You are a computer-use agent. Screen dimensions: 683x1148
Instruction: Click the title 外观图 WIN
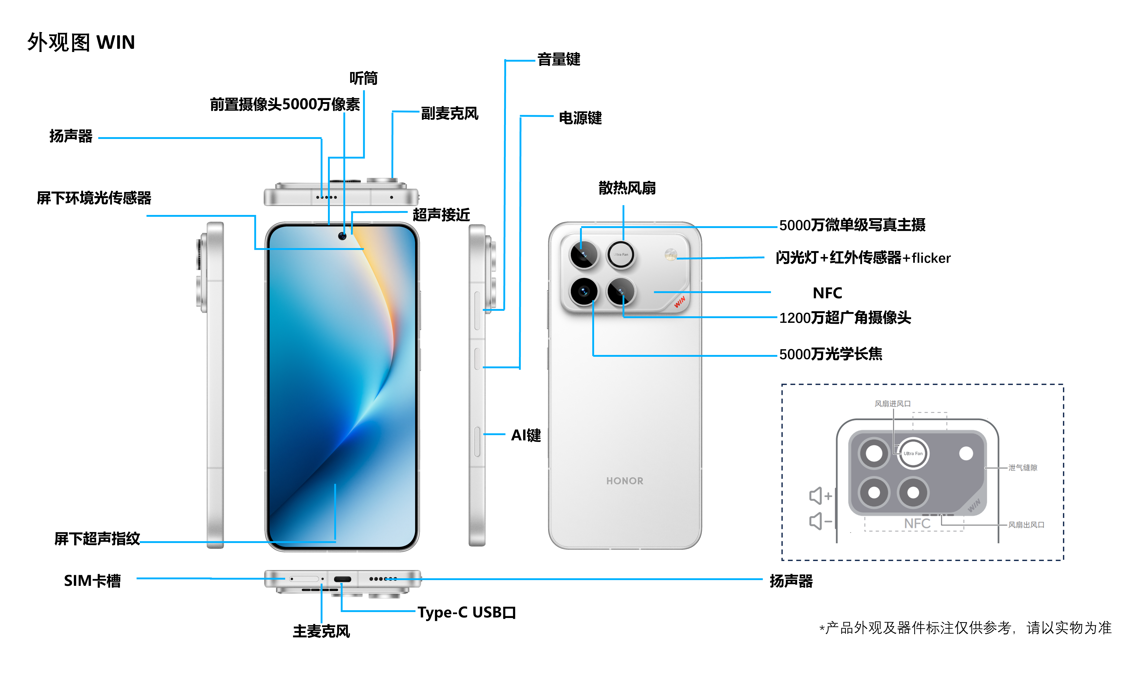[x=81, y=42]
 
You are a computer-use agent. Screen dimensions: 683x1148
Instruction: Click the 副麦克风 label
[x=449, y=113]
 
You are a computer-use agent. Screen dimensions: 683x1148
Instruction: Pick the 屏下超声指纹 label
[x=97, y=539]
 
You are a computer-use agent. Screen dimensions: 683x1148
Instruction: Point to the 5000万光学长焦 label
[x=830, y=354]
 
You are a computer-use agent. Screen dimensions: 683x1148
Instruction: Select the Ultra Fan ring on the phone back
[x=621, y=254]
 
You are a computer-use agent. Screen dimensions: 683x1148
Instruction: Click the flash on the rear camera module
[x=671, y=254]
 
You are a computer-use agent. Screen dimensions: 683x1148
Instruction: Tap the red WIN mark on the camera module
[x=679, y=302]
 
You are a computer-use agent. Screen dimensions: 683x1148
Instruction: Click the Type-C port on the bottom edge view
[x=342, y=579]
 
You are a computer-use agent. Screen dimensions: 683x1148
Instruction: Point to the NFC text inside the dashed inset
[x=917, y=523]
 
